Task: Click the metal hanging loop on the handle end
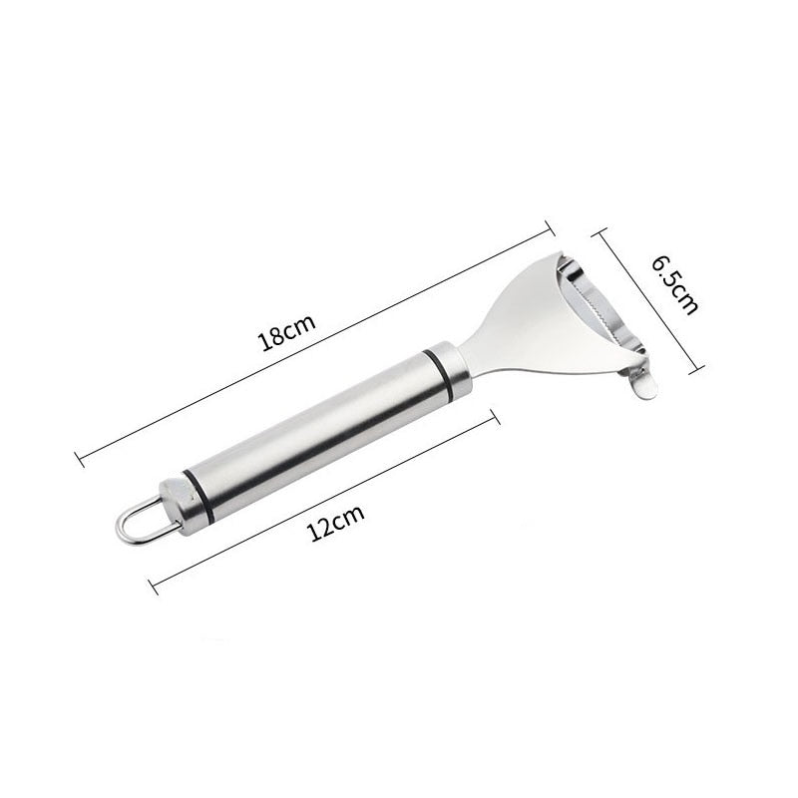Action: [x=137, y=518]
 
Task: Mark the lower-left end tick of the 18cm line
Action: [x=80, y=459]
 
